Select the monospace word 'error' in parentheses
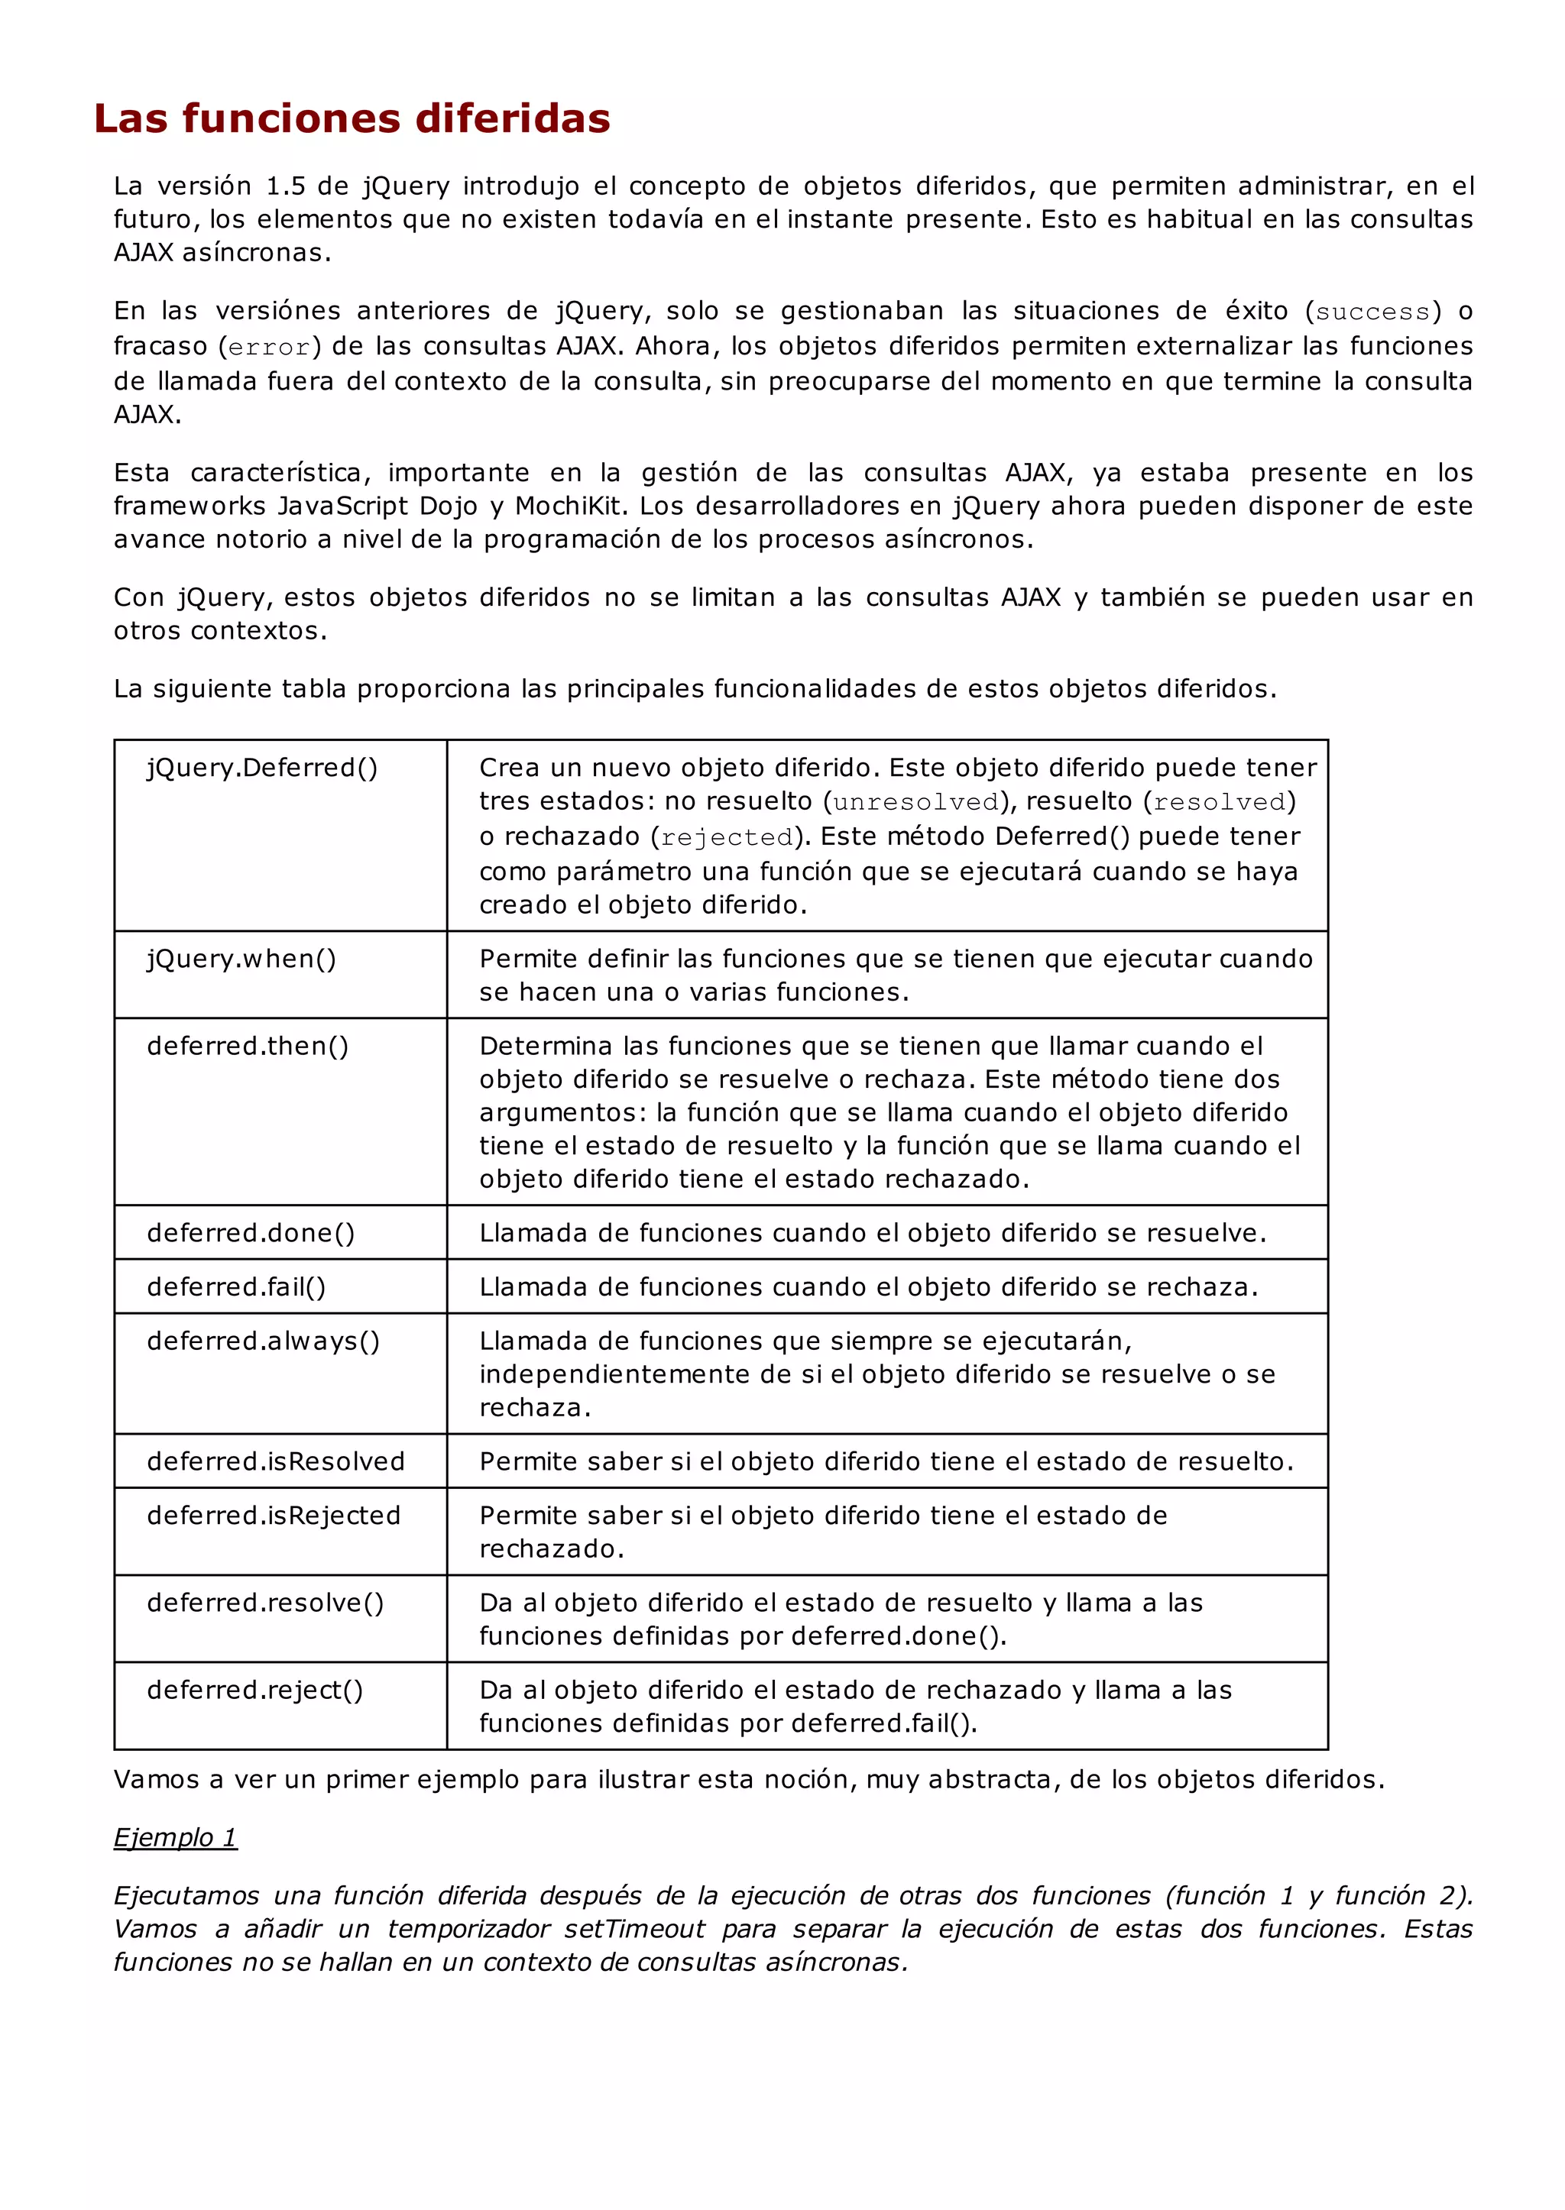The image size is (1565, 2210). point(270,347)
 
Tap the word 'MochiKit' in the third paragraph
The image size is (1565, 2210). point(571,506)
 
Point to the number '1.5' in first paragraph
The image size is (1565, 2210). point(285,186)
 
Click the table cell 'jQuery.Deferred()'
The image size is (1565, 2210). point(262,768)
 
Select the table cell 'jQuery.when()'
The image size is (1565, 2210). point(242,959)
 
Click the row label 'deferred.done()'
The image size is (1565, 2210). point(251,1233)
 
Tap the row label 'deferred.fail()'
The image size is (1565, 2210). point(236,1287)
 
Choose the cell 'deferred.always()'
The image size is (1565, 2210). point(263,1341)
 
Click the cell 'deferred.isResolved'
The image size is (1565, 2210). point(276,1461)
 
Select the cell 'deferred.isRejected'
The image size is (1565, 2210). point(274,1516)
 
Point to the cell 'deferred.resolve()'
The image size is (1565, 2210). point(265,1602)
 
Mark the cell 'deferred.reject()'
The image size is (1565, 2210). point(254,1690)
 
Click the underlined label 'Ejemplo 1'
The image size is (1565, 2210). point(176,1837)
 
